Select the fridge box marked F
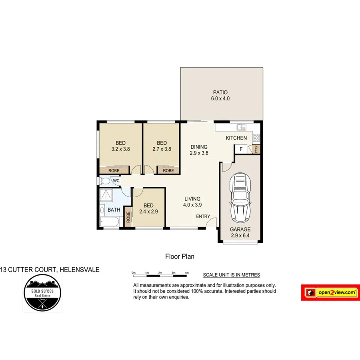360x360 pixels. pos(240,149)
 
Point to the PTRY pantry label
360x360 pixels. pos(256,149)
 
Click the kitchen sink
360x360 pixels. pos(241,127)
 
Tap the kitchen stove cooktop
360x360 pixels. pos(256,138)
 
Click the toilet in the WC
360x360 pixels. pos(105,181)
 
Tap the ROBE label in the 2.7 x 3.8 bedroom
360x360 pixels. pos(168,170)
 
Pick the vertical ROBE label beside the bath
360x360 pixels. pos(128,217)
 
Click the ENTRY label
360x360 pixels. pos(203,216)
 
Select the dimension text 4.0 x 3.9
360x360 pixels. pos(192,205)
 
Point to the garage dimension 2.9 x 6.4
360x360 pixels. pos(240,236)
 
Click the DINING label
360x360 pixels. pos(199,146)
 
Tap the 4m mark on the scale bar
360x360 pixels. pos(187,272)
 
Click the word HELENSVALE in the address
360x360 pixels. pos(79,270)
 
